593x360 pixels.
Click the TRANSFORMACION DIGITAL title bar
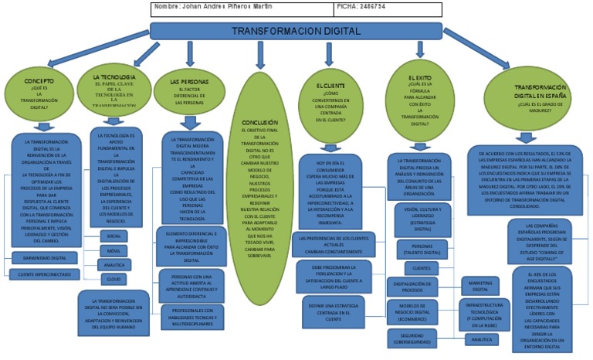tap(296, 31)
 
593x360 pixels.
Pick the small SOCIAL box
tap(114, 235)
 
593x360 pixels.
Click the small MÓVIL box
tap(114, 250)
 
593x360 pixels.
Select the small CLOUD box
tap(114, 278)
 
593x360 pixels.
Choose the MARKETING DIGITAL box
tap(480, 285)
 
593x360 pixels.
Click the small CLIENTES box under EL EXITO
tap(421, 268)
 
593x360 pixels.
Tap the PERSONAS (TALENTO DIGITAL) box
tap(422, 249)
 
